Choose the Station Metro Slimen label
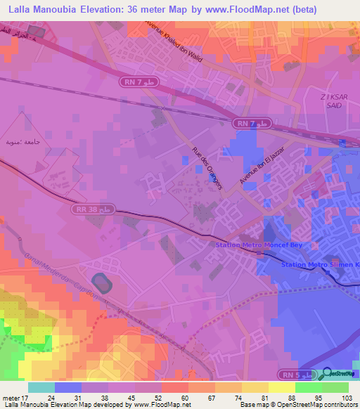tap(320, 264)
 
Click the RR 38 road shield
tap(94, 209)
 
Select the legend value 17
tap(27, 398)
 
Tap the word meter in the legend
tap(11, 398)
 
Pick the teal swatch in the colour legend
tap(41, 387)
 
